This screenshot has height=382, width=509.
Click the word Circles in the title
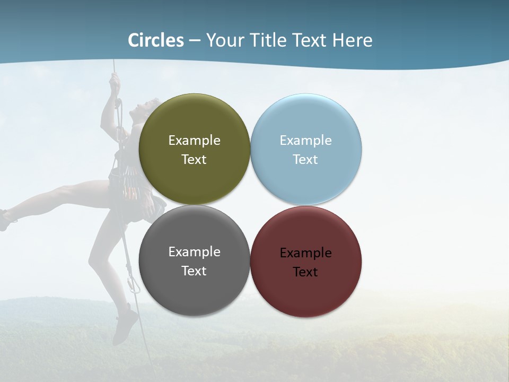[156, 40]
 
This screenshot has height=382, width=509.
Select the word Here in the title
[353, 40]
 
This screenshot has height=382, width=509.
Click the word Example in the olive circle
[194, 141]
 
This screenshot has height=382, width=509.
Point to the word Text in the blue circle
[305, 160]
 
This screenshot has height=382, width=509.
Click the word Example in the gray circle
[194, 252]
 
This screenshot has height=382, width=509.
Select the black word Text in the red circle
[305, 272]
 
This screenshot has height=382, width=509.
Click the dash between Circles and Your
[195, 41]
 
